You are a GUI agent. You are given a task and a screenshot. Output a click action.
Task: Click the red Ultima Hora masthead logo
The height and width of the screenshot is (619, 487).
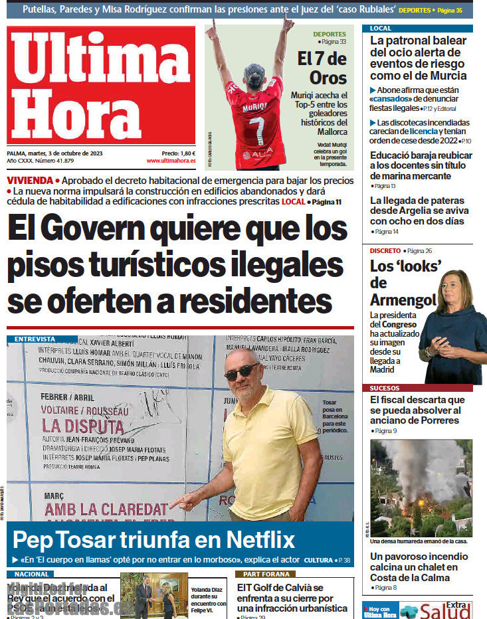[x=101, y=85]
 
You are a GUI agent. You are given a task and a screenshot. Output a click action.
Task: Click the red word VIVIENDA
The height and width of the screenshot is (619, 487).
[x=30, y=181]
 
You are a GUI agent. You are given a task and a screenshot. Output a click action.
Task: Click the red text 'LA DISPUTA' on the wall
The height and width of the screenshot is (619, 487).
[x=83, y=426]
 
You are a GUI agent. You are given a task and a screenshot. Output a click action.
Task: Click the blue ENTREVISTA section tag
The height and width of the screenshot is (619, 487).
[x=35, y=339]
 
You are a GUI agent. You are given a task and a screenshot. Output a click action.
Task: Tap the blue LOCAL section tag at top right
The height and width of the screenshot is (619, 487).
[x=381, y=29]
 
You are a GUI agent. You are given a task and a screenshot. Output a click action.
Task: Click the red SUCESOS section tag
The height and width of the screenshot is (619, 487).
[x=385, y=388]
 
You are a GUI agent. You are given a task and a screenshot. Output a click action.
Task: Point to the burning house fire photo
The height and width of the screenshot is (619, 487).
[x=421, y=487]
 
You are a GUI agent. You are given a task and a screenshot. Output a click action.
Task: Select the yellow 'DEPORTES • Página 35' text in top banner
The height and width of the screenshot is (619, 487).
[x=431, y=10]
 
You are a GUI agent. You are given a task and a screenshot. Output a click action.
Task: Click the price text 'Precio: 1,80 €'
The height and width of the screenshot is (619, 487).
[x=178, y=153]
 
